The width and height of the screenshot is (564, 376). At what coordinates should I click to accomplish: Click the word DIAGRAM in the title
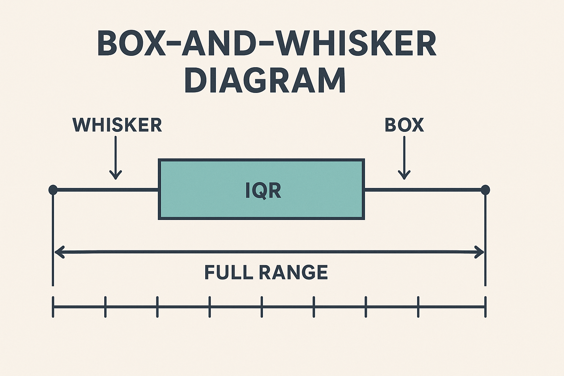click(265, 80)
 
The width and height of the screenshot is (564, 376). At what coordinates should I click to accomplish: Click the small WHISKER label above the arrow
click(117, 125)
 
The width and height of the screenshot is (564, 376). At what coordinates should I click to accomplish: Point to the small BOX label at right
click(404, 125)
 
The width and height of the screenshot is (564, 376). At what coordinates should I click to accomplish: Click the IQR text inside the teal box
click(263, 191)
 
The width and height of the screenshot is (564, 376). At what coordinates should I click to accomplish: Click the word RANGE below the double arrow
click(293, 272)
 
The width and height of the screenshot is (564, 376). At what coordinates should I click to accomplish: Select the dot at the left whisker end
click(53, 190)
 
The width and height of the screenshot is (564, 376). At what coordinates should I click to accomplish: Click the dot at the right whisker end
click(485, 190)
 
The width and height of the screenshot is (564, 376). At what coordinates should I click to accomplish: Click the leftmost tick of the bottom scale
click(53, 307)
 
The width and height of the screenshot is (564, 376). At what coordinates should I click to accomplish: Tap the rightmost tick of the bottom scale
click(485, 307)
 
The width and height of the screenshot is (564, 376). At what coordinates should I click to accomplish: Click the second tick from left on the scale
click(105, 307)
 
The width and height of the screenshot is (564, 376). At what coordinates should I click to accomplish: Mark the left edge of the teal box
click(159, 189)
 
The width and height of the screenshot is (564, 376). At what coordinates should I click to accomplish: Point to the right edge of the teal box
click(364, 189)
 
